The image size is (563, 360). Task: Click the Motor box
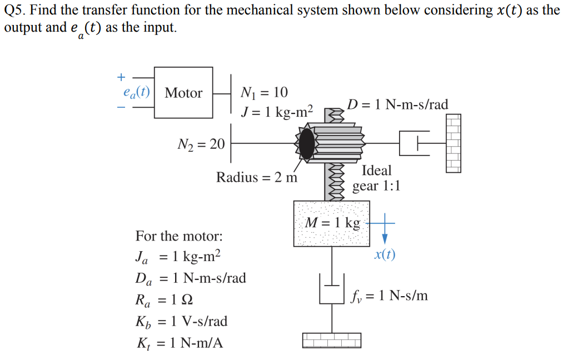coord(183,93)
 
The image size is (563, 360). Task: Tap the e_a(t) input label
coord(136,93)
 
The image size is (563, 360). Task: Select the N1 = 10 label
coord(264,92)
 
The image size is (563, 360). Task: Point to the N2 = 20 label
coord(201,144)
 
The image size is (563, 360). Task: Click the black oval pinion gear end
coord(306,144)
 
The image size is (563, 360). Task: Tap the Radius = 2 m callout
coord(257,177)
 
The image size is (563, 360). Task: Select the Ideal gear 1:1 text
coord(376,178)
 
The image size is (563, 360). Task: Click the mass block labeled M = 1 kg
coord(332,223)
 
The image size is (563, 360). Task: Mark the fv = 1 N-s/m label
coord(390,295)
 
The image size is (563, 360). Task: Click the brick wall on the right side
coord(453,143)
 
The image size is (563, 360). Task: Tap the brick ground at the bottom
coord(332,339)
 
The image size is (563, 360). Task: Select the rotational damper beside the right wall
coord(415,144)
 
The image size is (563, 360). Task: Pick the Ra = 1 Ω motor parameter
coord(165,301)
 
